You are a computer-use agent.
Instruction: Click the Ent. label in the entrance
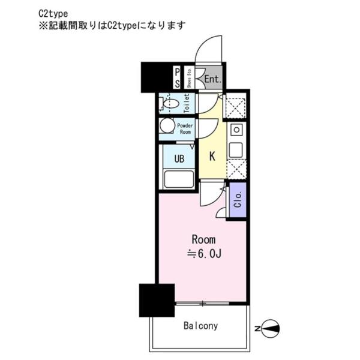212,79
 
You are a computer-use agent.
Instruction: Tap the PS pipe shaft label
177,78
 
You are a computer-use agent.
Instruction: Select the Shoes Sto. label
189,78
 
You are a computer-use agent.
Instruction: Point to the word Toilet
187,103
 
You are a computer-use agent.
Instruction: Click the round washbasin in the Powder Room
167,125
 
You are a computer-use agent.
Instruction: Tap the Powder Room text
185,129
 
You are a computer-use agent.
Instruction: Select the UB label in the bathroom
179,158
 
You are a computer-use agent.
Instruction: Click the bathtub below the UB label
179,179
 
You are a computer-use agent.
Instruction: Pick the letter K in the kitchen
212,156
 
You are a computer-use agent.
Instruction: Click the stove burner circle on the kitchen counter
236,130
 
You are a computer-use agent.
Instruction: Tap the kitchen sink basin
236,149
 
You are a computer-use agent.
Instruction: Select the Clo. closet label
238,200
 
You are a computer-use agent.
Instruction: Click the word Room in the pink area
203,239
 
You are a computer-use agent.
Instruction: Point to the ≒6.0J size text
204,254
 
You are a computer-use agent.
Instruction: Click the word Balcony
200,326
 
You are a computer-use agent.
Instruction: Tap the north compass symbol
270,329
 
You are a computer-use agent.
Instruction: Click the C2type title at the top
53,14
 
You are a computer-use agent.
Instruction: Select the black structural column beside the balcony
157,301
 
